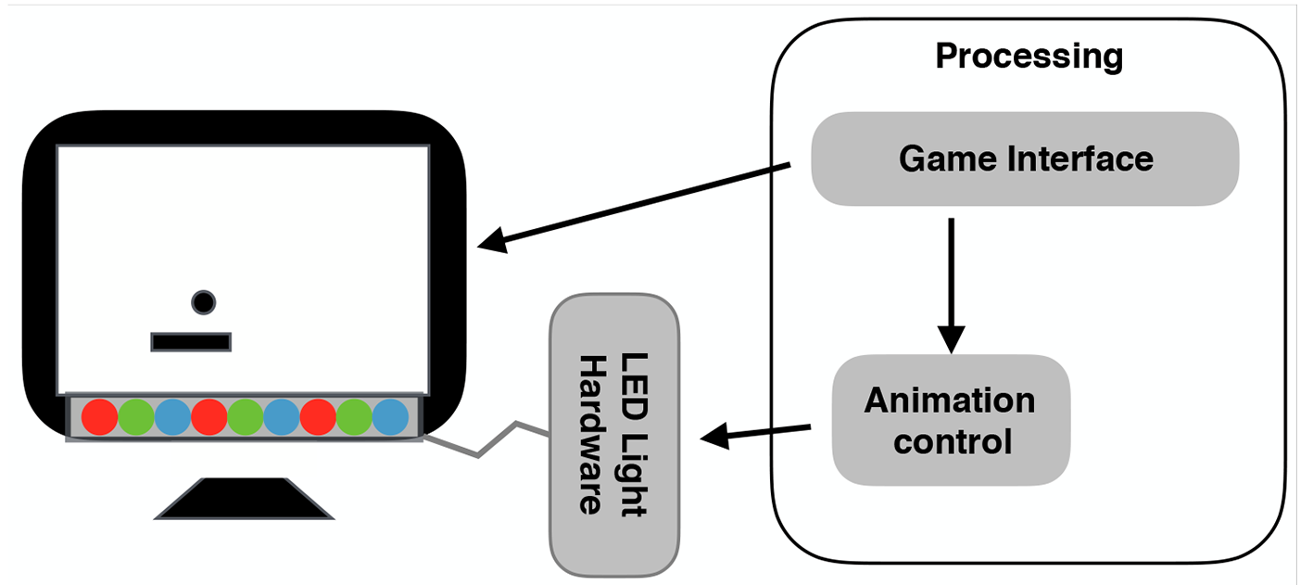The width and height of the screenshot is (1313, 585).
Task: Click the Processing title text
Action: point(1029,57)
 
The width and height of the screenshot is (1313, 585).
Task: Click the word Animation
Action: point(950,401)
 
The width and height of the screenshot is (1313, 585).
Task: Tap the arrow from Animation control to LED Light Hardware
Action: point(756,433)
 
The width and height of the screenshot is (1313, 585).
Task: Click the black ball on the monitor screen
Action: point(203,302)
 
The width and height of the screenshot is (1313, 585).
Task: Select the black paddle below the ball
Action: point(191,342)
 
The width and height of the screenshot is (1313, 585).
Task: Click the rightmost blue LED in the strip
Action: point(390,417)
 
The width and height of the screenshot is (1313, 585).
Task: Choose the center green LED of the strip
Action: point(245,417)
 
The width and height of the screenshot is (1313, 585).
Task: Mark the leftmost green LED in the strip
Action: point(135,417)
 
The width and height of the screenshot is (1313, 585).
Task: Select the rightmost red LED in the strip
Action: point(318,417)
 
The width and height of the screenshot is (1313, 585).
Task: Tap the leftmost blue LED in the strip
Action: point(172,417)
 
